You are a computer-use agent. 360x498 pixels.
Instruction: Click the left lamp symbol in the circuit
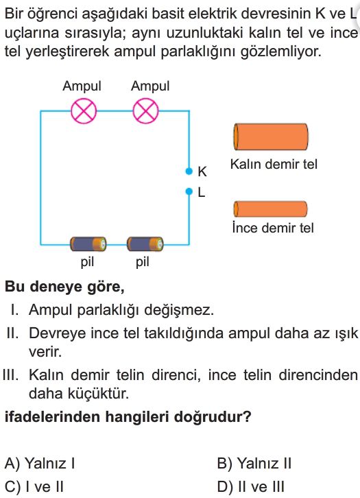[84, 111]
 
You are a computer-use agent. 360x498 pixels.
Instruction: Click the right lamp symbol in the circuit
[145, 111]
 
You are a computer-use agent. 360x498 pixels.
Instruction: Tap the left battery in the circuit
[88, 244]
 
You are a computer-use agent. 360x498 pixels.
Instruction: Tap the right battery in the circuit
[145, 244]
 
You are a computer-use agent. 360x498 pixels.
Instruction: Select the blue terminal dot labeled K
[189, 171]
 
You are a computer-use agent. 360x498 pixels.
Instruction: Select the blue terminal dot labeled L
[189, 191]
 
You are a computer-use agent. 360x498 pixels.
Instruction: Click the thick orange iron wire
[271, 137]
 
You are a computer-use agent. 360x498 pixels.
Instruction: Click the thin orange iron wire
[270, 209]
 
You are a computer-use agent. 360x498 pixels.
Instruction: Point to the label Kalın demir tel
[274, 164]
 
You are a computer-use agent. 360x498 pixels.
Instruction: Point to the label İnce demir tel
[273, 228]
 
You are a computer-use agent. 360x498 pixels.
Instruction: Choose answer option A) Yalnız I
[40, 463]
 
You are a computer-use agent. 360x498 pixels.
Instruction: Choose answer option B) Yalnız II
[254, 463]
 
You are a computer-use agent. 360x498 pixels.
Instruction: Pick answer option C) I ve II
[34, 486]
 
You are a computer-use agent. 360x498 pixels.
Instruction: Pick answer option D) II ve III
[251, 486]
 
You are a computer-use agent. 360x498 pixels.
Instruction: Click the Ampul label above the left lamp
[82, 86]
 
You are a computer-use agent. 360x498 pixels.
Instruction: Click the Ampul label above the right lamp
[150, 86]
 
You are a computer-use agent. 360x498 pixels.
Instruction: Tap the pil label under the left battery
[87, 262]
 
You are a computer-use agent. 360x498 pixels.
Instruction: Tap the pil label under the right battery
[142, 262]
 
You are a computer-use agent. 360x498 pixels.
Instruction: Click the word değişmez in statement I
[179, 310]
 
